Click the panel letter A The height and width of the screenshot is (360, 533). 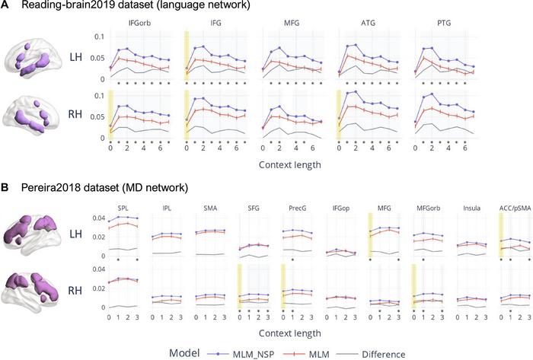coord(6,8)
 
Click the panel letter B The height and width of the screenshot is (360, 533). coord(6,187)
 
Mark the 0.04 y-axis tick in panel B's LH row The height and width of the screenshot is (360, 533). coord(97,218)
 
